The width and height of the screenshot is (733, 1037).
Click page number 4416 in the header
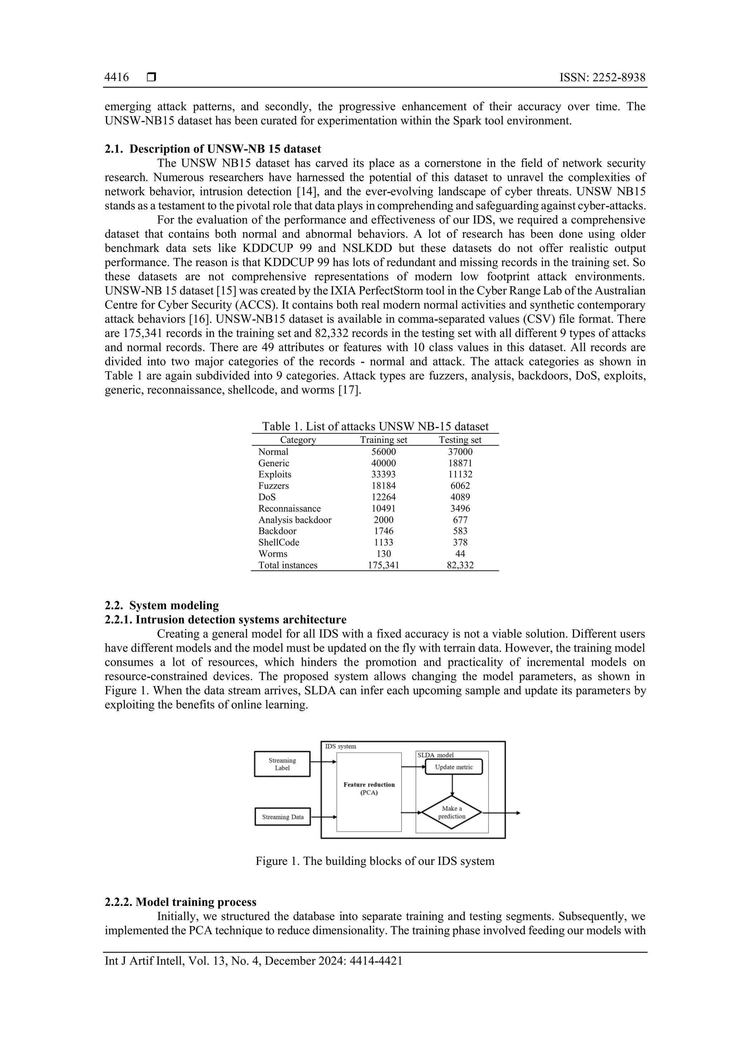(x=116, y=78)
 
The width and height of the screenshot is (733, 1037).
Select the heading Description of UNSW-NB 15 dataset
(x=225, y=149)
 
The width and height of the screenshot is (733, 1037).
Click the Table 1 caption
(x=375, y=426)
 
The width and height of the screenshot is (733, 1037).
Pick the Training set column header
(x=383, y=440)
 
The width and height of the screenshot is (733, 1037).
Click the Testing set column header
(x=460, y=440)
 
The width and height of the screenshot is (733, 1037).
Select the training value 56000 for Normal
(x=383, y=452)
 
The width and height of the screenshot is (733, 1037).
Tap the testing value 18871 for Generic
(x=460, y=463)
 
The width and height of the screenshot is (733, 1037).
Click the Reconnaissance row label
(x=289, y=508)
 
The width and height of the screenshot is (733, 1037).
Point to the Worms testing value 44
(x=460, y=554)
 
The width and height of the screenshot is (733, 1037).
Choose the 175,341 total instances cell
(x=383, y=565)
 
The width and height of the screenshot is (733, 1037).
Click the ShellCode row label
(x=278, y=542)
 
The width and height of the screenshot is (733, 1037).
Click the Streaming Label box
(x=282, y=764)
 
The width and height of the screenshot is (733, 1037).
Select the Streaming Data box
(x=282, y=816)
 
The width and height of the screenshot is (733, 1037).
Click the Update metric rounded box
(x=453, y=767)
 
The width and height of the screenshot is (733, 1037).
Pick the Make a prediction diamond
(x=451, y=812)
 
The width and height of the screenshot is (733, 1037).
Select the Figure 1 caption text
(x=375, y=861)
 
